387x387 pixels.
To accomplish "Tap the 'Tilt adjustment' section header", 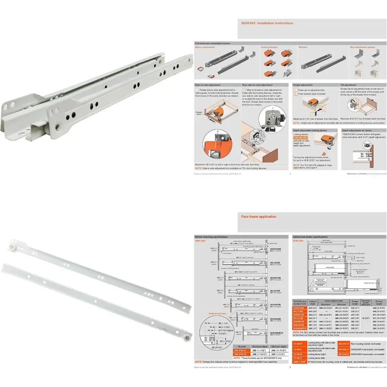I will pos(348,85).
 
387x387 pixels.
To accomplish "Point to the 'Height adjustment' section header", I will pos(304,85).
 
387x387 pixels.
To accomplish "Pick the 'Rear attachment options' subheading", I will pos(362,47).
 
